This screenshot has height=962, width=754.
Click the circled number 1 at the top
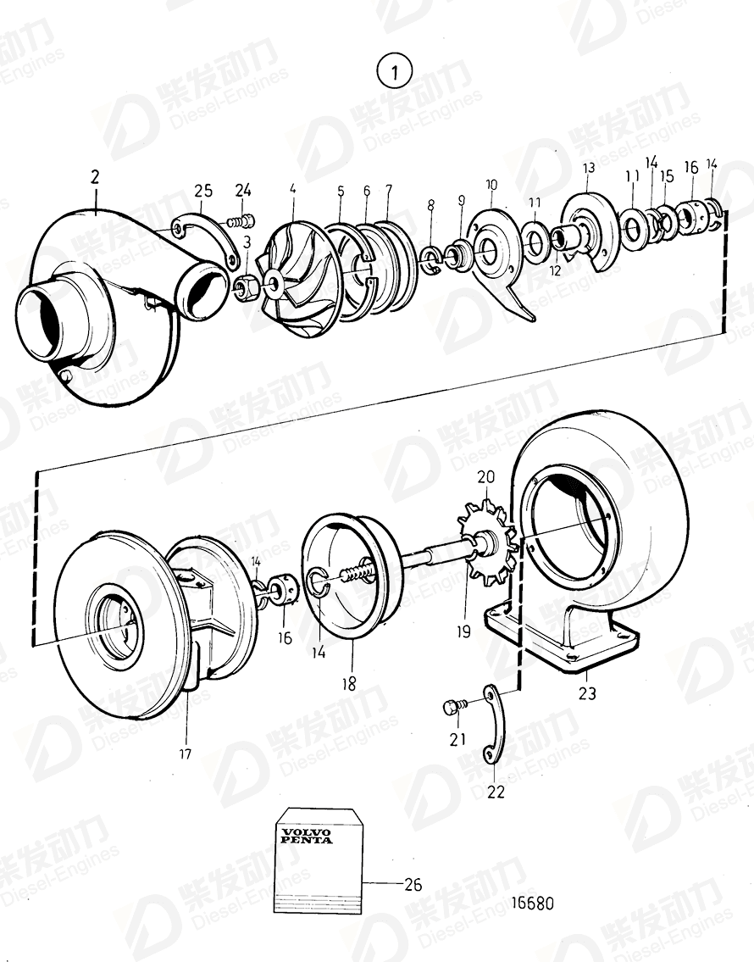pyautogui.click(x=394, y=71)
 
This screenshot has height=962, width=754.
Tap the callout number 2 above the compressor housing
pyautogui.click(x=95, y=177)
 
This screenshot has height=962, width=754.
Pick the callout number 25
pyautogui.click(x=202, y=191)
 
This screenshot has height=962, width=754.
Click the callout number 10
pyautogui.click(x=491, y=185)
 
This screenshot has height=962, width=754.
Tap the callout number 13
pyautogui.click(x=589, y=169)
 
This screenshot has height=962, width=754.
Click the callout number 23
pyautogui.click(x=586, y=693)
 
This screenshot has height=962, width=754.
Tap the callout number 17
pyautogui.click(x=185, y=753)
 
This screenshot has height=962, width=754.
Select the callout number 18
pyautogui.click(x=349, y=683)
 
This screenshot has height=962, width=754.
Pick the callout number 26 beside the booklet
pyautogui.click(x=412, y=884)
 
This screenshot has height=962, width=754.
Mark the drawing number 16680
pyautogui.click(x=534, y=903)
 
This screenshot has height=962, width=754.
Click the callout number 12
pyautogui.click(x=556, y=271)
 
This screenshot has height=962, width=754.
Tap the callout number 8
pyautogui.click(x=430, y=205)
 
